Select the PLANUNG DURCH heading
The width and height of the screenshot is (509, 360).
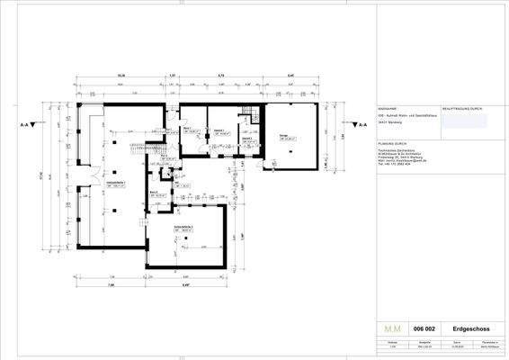393,142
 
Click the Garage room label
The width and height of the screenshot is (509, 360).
284,137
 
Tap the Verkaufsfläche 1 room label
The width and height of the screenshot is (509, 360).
115,184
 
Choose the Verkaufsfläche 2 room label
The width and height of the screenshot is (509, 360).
188,228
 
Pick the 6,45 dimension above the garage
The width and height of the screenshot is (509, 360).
290,76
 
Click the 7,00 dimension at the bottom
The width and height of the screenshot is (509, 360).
111,285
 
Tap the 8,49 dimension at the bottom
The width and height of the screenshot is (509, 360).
185,285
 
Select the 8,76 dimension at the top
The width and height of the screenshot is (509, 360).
220,76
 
